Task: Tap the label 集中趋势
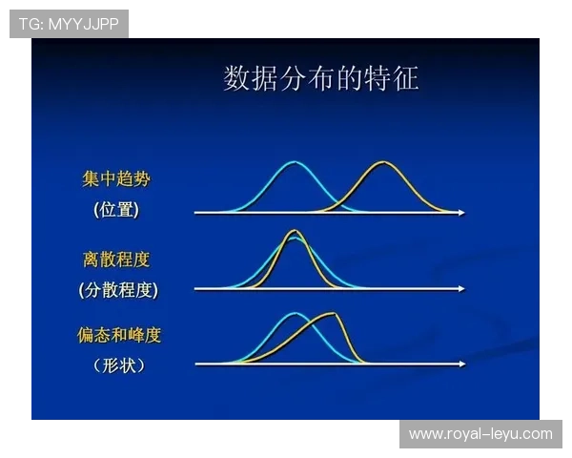click(x=115, y=179)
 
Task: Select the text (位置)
click(x=116, y=209)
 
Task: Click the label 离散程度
click(x=116, y=259)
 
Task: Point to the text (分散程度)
click(x=118, y=289)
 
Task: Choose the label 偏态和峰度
click(x=119, y=335)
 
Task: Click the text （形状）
click(x=119, y=364)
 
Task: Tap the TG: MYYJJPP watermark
click(x=69, y=24)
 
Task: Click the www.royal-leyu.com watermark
click(x=480, y=434)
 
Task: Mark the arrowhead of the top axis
click(x=462, y=213)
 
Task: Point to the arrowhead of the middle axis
click(x=462, y=288)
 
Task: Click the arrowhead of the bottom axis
click(x=462, y=364)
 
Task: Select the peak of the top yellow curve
click(x=382, y=162)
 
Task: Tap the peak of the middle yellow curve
click(x=294, y=231)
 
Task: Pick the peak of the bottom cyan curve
click(x=296, y=313)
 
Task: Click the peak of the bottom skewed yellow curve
click(x=331, y=314)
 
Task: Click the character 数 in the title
click(x=236, y=78)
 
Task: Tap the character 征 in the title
click(x=406, y=78)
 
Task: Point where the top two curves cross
click(x=337, y=203)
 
